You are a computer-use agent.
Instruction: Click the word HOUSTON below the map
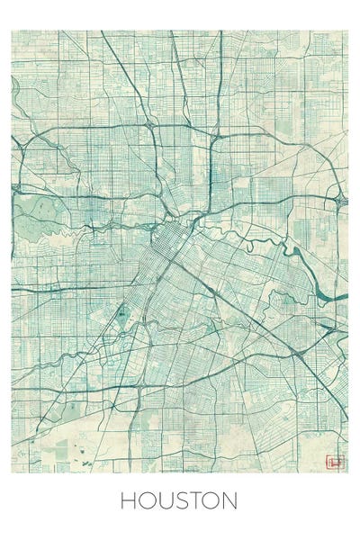(179, 500)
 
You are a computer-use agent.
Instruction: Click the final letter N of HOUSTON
(229, 500)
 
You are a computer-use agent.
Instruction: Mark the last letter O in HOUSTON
(211, 500)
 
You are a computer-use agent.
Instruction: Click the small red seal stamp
(336, 463)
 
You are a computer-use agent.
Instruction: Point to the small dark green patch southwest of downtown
(121, 313)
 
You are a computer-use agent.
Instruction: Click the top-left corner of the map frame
(12, 31)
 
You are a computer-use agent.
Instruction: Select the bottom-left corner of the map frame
(12, 472)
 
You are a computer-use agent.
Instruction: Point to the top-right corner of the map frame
(347, 31)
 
